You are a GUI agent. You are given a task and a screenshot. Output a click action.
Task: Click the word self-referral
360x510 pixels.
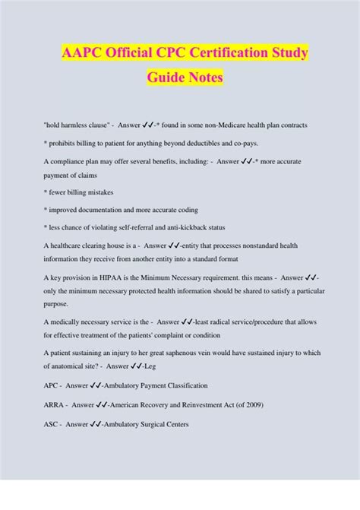coord(134,227)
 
